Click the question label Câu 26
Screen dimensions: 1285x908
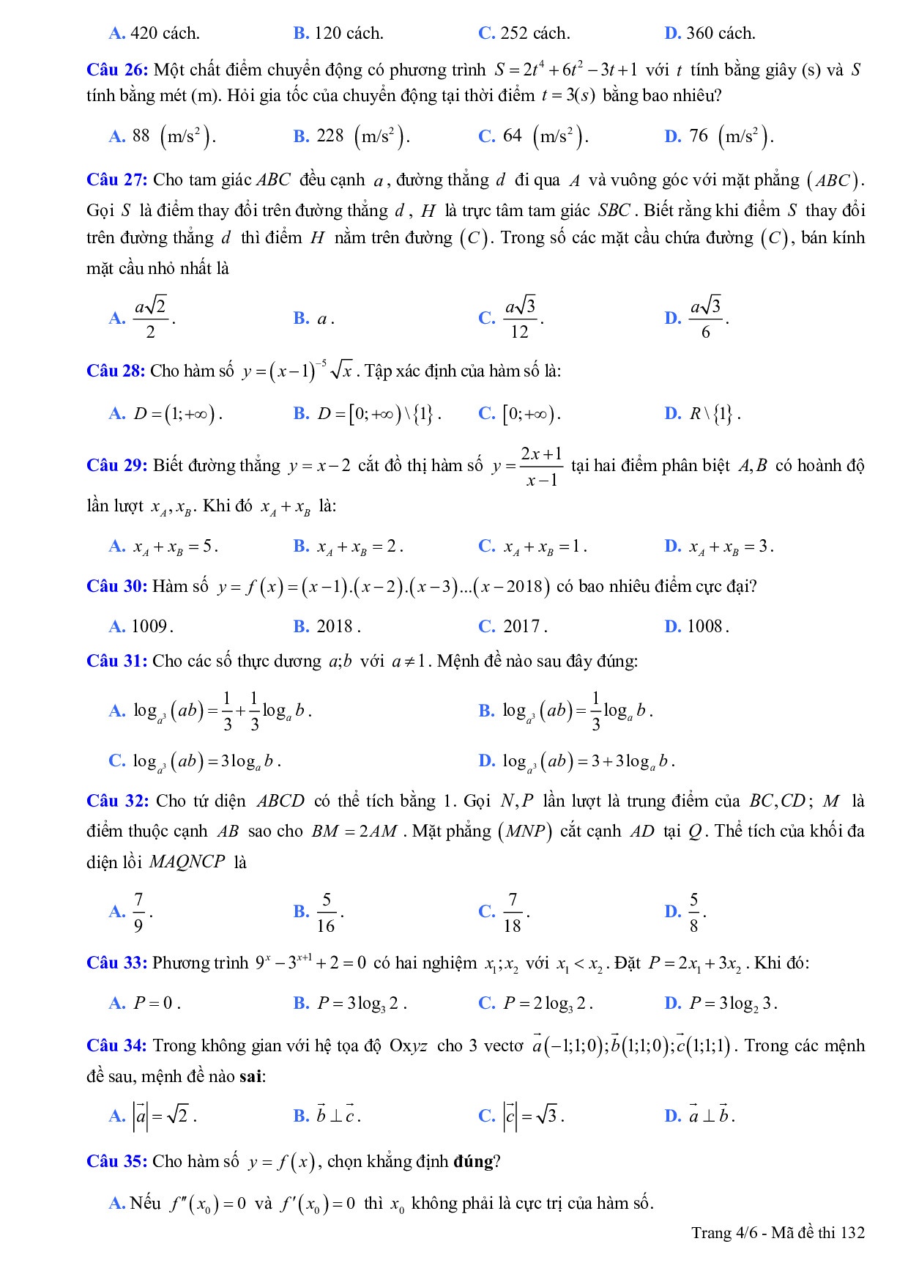tap(117, 70)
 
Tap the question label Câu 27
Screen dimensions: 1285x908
tap(117, 180)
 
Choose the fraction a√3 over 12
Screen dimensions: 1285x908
tap(520, 318)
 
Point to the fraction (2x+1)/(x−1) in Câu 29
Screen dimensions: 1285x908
tap(542, 466)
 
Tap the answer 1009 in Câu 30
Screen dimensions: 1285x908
tap(150, 626)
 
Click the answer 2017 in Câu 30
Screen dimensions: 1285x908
tap(524, 626)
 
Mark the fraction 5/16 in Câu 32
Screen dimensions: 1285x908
tap(327, 912)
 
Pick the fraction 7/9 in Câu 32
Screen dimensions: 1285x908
tap(138, 912)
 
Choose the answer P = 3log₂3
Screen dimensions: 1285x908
tap(732, 1004)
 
